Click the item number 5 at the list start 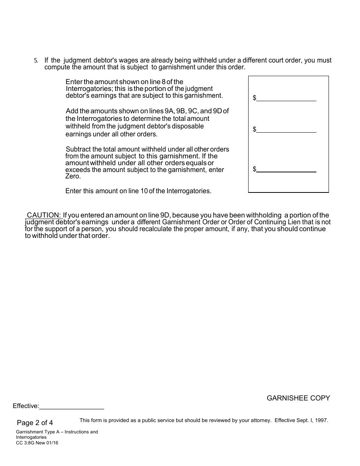(36, 61)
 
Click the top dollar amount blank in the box (286, 98)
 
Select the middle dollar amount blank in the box (286, 129)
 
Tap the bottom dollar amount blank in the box (286, 169)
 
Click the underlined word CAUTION (44, 216)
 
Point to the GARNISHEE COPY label (298, 398)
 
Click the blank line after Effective (72, 406)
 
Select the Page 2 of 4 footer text (35, 423)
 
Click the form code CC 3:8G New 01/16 (37, 443)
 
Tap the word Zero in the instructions (73, 177)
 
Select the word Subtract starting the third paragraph (78, 149)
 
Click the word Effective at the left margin (26, 406)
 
